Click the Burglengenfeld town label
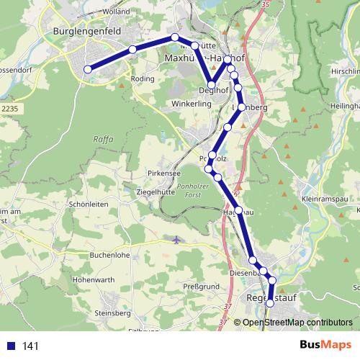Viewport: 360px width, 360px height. pyautogui.click(x=86, y=32)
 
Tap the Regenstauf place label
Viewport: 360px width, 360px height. pyautogui.click(x=269, y=297)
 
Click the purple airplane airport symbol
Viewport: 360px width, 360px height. pyautogui.click(x=178, y=238)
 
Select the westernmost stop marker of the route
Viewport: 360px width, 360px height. pyautogui.click(x=88, y=69)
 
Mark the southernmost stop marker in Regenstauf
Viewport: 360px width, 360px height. pyautogui.click(x=270, y=304)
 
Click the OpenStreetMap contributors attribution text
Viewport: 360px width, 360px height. pyautogui.click(x=297, y=322)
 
